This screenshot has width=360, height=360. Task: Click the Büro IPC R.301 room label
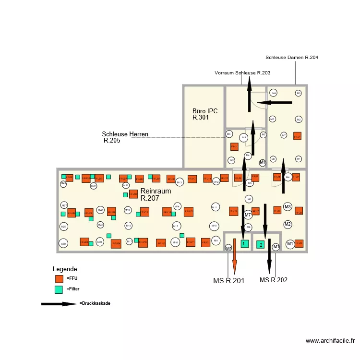205,114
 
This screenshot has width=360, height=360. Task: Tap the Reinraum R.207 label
156,194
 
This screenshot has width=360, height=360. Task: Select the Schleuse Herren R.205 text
125,137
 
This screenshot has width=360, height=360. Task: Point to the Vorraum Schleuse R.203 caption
242,73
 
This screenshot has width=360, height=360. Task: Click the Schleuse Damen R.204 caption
291,58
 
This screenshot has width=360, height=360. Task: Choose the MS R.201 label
229,281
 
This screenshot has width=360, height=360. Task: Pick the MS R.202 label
274,280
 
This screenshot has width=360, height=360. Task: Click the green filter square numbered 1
244,244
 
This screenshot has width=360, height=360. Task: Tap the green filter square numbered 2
261,245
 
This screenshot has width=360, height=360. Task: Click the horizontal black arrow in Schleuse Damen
273,102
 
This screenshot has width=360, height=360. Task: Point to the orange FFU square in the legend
59,278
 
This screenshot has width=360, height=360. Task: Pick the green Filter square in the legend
59,289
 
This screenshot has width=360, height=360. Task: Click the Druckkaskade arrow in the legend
59,304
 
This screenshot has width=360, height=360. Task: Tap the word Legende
66,269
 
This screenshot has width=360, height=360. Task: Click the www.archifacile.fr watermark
330,341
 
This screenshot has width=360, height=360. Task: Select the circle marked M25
63,244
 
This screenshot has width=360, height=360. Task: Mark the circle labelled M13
180,182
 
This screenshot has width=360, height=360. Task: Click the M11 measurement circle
215,207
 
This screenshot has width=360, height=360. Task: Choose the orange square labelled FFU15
188,212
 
